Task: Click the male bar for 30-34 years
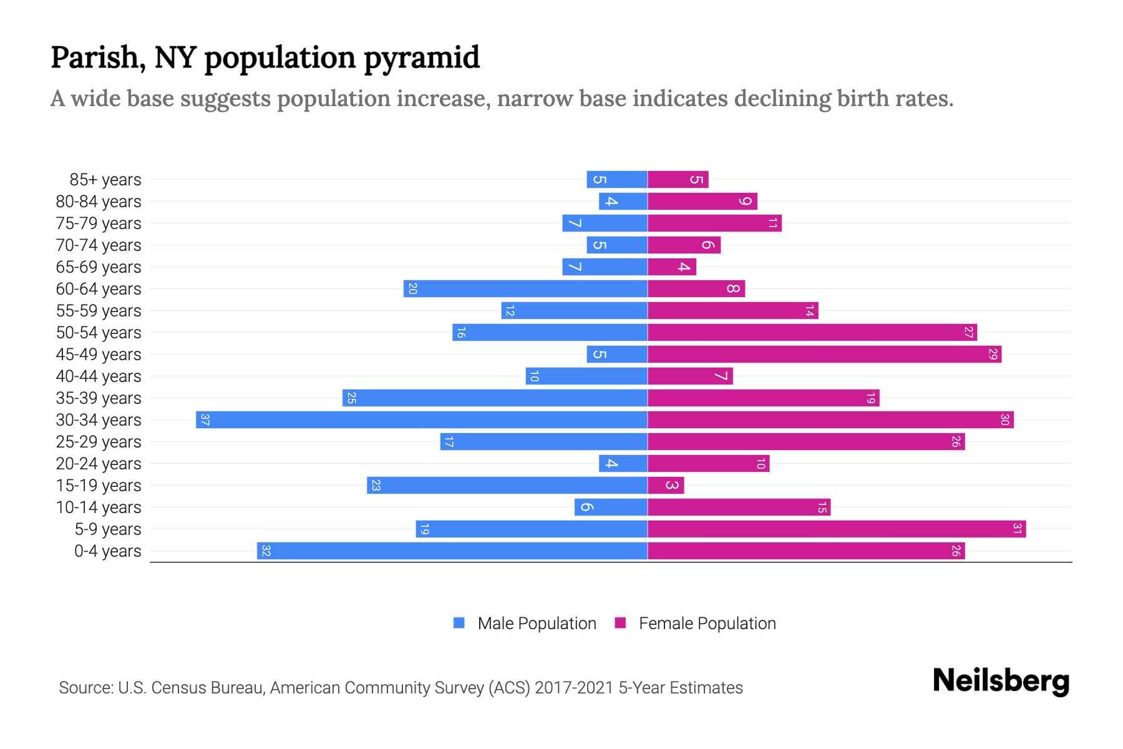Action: (x=422, y=419)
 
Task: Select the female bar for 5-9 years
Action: (x=836, y=529)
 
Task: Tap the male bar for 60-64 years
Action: (x=525, y=289)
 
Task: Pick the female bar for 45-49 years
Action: (x=824, y=355)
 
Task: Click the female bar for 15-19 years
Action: (x=666, y=486)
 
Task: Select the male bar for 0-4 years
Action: (x=452, y=551)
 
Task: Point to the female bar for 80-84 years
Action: (x=702, y=202)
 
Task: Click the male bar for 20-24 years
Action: (x=623, y=464)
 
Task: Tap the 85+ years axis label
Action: (x=105, y=180)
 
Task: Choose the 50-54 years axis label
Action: (x=99, y=333)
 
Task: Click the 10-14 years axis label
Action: (x=99, y=507)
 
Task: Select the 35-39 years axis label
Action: (x=99, y=398)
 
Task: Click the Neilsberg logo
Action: (x=1001, y=681)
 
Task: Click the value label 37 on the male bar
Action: (x=205, y=420)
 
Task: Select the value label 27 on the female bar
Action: (x=968, y=333)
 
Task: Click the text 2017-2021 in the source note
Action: (x=574, y=688)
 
